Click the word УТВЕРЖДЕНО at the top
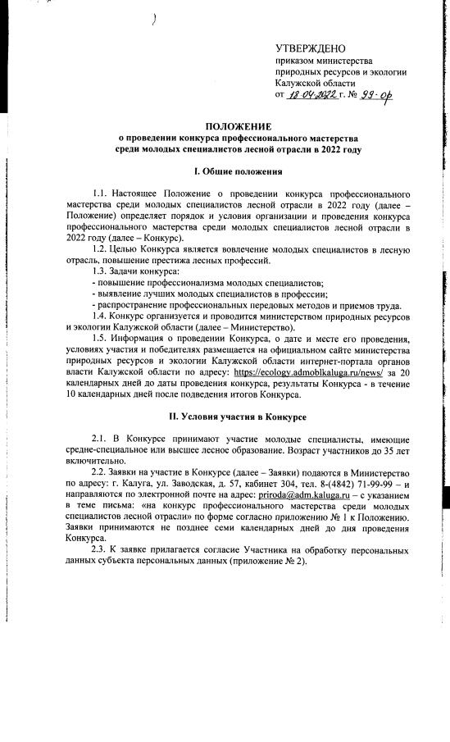pyautogui.click(x=310, y=49)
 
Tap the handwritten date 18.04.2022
pyautogui.click(x=313, y=96)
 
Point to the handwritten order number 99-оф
pyautogui.click(x=373, y=96)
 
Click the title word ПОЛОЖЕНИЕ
pyautogui.click(x=238, y=126)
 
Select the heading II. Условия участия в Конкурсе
pyautogui.click(x=238, y=417)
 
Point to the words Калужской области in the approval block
pyautogui.click(x=316, y=83)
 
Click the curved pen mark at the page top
pyautogui.click(x=153, y=22)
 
